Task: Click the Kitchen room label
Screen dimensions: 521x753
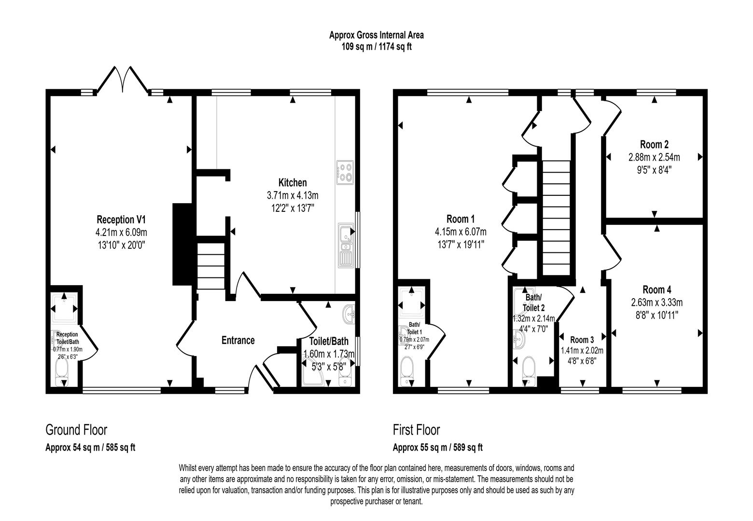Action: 292,183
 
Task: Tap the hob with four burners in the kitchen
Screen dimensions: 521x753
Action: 345,172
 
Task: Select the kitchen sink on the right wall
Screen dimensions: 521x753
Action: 346,246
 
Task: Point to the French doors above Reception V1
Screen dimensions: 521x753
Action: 123,79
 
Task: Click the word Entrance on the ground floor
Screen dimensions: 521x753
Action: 237,341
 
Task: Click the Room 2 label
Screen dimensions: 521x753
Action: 654,144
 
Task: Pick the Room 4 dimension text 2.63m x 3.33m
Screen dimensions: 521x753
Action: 656,302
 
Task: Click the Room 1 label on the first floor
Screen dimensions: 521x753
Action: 460,218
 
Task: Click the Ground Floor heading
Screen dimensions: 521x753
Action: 76,429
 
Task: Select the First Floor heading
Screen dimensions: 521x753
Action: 416,429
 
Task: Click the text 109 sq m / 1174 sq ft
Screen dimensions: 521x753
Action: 376,47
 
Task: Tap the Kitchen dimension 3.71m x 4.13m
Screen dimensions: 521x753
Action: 292,195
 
